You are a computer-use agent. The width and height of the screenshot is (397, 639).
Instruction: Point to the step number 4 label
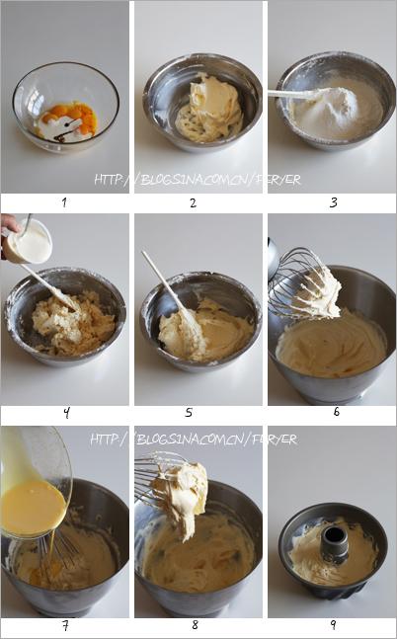click(66, 415)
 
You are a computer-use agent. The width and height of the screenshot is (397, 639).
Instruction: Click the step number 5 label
click(193, 415)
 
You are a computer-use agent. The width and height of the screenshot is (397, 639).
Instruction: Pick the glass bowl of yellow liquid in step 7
click(35, 484)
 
